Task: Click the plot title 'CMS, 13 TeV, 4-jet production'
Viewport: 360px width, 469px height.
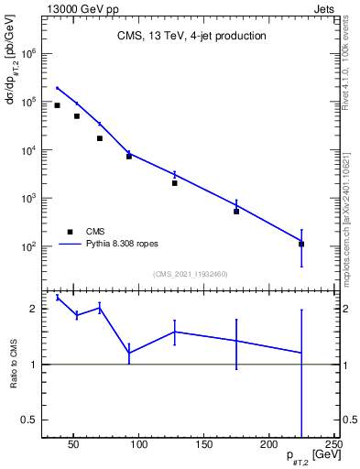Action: pyautogui.click(x=191, y=37)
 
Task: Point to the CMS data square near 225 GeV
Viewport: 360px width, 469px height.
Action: pyautogui.click(x=301, y=245)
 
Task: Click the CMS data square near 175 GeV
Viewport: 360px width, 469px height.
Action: pyautogui.click(x=236, y=212)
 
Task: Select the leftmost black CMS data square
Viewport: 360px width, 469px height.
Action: pyautogui.click(x=57, y=105)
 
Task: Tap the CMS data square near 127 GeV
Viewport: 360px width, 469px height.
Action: pyautogui.click(x=174, y=183)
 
